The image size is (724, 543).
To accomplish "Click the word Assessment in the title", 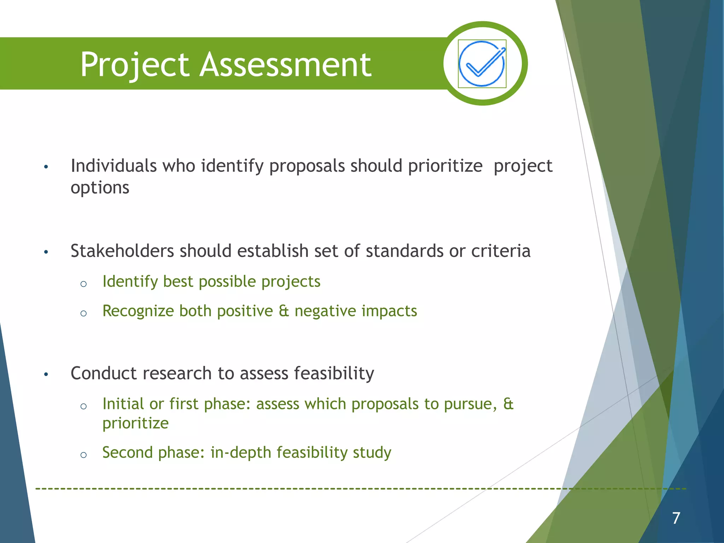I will pyautogui.click(x=285, y=65).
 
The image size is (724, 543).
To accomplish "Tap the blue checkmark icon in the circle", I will pyautogui.click(x=482, y=64).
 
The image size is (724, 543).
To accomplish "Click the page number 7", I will pyautogui.click(x=676, y=518).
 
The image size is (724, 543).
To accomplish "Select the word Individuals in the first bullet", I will pyautogui.click(x=113, y=166).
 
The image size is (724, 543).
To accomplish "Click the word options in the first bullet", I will pyautogui.click(x=100, y=188).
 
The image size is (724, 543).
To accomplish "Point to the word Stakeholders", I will pyautogui.click(x=122, y=251).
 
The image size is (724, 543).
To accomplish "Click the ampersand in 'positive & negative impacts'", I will pyautogui.click(x=284, y=311).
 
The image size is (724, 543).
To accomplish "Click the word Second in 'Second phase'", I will pyautogui.click(x=127, y=452).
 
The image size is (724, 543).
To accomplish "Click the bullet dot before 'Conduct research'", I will pyautogui.click(x=46, y=374).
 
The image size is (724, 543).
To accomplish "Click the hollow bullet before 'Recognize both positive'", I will pyautogui.click(x=83, y=313).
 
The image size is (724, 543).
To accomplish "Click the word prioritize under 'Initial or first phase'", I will pyautogui.click(x=135, y=424).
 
